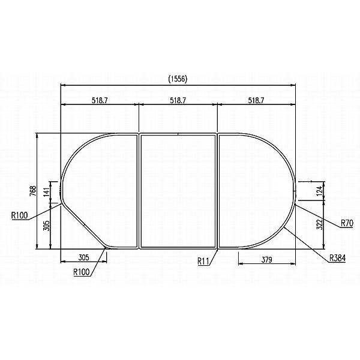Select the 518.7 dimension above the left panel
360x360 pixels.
(100, 100)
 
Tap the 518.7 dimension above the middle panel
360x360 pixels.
(178, 100)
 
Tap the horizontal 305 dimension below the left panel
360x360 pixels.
(83, 257)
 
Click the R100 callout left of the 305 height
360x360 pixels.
(20, 215)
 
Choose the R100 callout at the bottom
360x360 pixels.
(82, 272)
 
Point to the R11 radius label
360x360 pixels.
(205, 261)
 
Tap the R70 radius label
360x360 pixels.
(347, 223)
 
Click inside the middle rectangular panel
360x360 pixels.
(178, 191)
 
